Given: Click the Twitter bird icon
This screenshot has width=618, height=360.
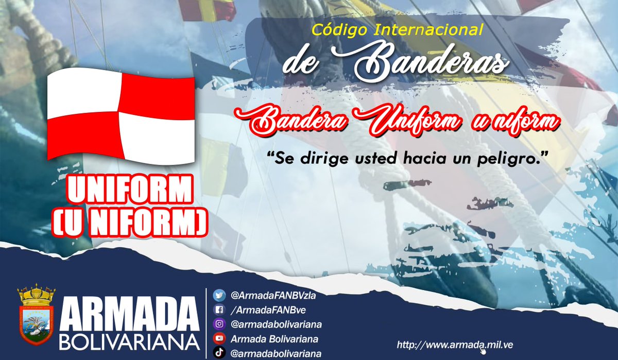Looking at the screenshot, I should click(220, 296).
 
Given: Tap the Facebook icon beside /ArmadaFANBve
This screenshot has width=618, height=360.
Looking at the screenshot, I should click(220, 310).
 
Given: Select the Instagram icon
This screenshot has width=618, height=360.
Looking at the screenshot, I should click(220, 324).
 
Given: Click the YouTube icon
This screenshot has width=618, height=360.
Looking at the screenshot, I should click(220, 339).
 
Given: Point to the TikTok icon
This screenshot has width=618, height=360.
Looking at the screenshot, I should click(220, 353).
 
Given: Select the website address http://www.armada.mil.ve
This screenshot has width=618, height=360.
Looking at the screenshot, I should click(455, 344).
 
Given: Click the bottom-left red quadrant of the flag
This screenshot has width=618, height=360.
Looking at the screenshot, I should click(85, 135).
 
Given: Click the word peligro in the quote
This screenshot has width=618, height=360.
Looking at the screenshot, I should click(509, 158).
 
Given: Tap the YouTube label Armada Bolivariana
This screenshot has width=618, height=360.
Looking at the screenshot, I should click(274, 339).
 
